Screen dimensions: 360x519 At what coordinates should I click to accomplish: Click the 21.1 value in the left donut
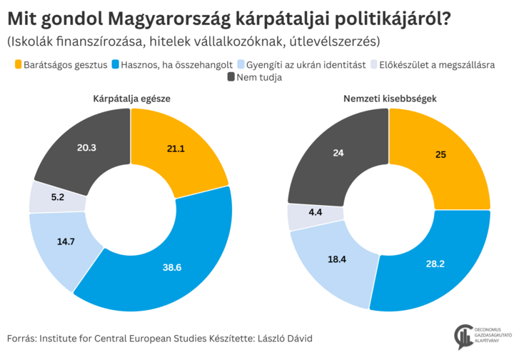[176, 149]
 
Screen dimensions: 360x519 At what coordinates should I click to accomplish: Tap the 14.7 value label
[66, 241]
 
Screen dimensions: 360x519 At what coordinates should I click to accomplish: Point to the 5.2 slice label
[57, 196]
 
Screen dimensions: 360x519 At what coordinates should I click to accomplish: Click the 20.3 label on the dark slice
[87, 147]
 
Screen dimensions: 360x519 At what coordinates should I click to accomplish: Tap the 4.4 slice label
[314, 211]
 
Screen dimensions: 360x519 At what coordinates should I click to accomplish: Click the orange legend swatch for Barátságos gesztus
[18, 64]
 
